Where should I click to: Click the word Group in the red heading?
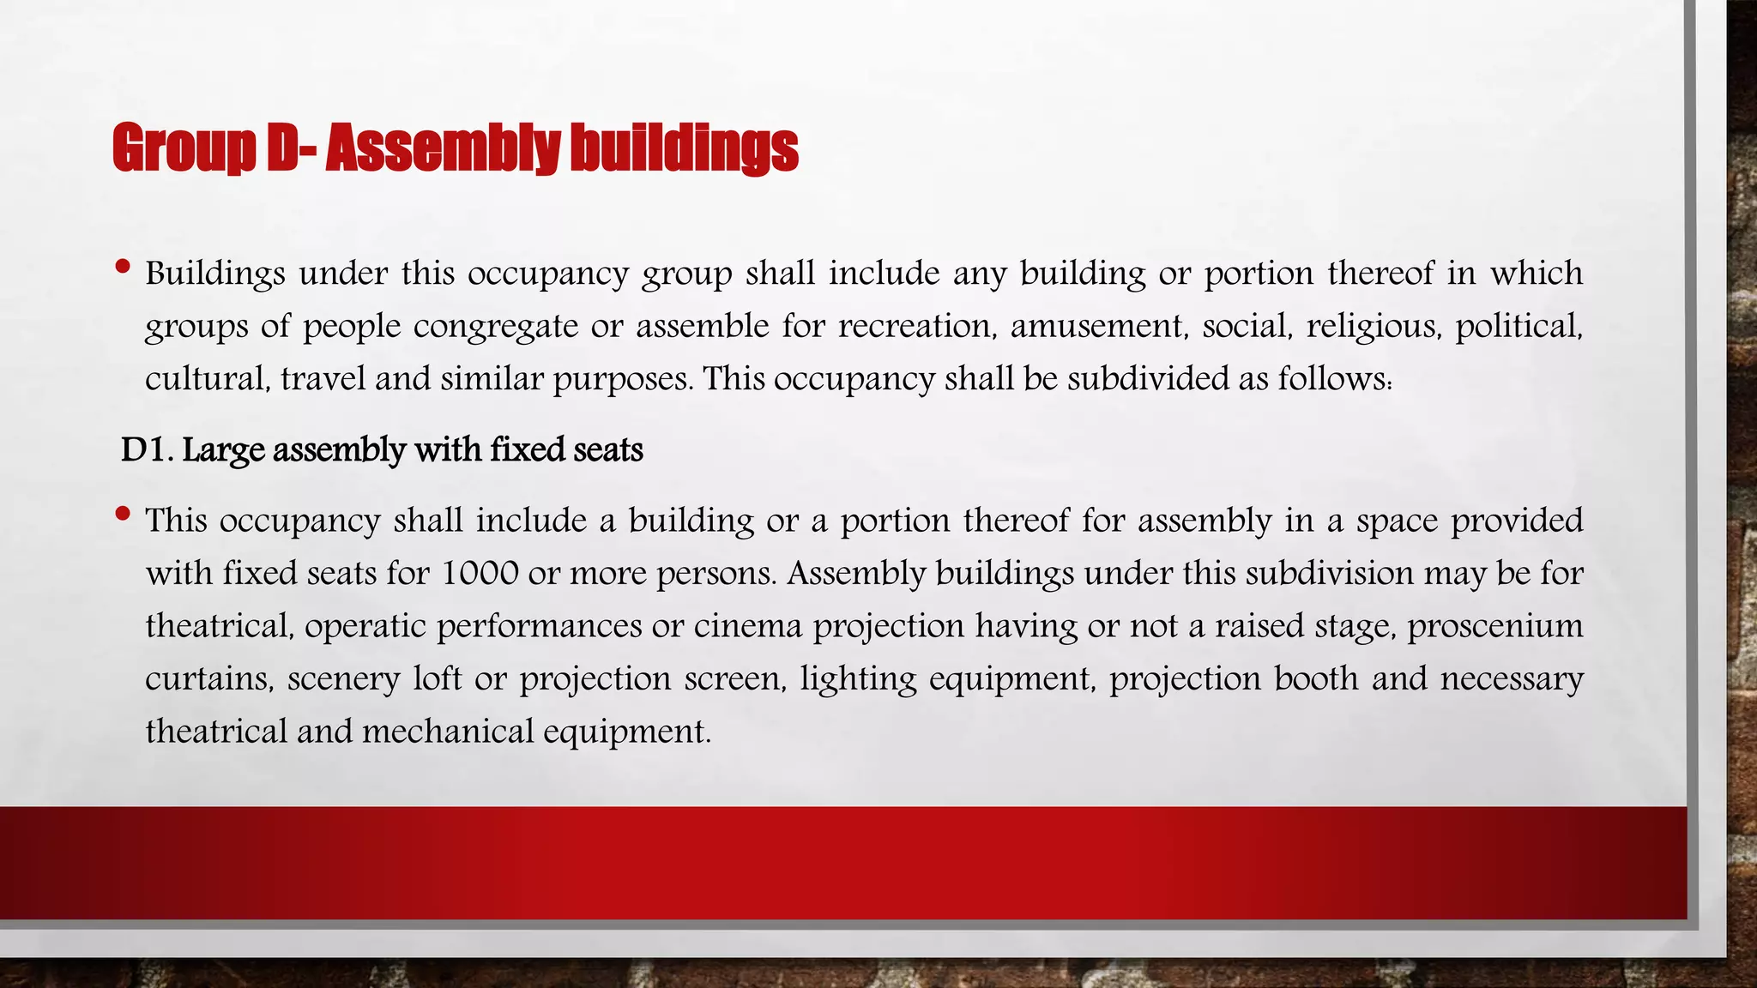click(184, 148)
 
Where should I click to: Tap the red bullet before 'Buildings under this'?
click(123, 267)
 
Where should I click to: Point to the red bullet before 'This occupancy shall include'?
click(123, 514)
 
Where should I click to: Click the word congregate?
click(495, 327)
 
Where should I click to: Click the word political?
click(1519, 327)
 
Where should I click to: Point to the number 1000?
click(480, 573)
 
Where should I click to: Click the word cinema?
click(748, 626)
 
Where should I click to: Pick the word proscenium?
click(1495, 626)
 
